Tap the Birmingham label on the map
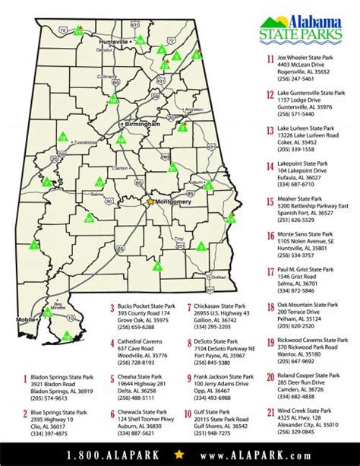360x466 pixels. (x=144, y=122)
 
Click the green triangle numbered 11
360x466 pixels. (x=77, y=32)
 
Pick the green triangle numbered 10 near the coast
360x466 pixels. (x=67, y=335)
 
